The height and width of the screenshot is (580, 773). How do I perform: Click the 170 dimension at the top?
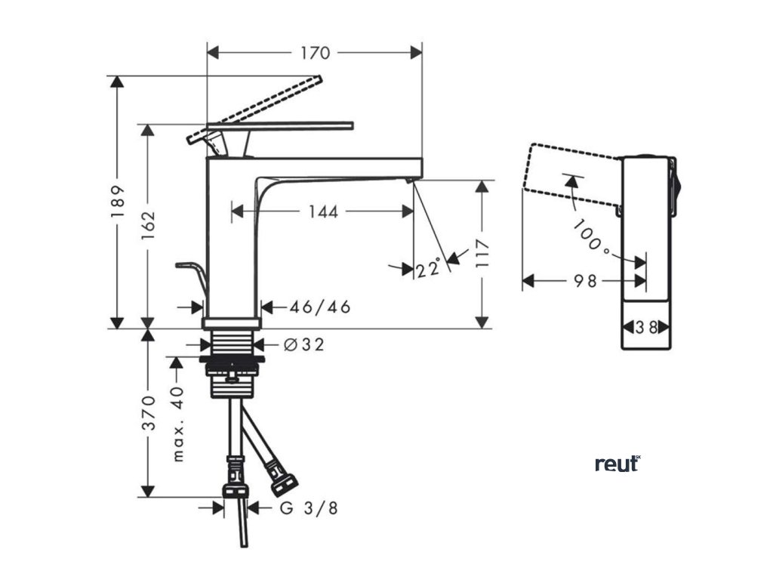pyautogui.click(x=315, y=53)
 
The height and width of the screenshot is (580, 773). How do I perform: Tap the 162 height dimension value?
pyautogui.click(x=149, y=225)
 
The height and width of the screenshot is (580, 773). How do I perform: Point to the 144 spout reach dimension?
pyautogui.click(x=322, y=211)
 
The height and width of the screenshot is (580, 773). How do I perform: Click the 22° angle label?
pyautogui.click(x=428, y=268)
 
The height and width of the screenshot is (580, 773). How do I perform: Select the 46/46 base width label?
pyautogui.click(x=321, y=307)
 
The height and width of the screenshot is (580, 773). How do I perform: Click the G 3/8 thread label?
pyautogui.click(x=309, y=507)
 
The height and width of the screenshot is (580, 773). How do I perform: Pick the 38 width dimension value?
pyautogui.click(x=645, y=327)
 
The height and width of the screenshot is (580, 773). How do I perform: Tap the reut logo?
pyautogui.click(x=617, y=464)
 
